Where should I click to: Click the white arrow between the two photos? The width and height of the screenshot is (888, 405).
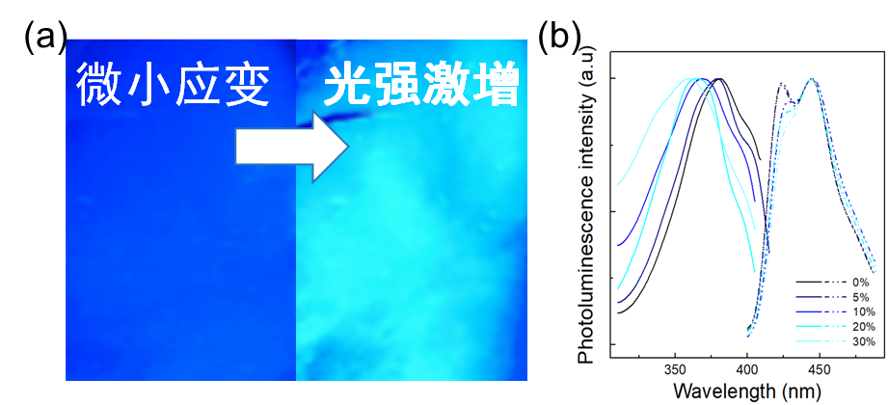(292, 147)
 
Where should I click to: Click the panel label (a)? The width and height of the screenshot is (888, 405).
(45, 38)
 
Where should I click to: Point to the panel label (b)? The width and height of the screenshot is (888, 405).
(559, 38)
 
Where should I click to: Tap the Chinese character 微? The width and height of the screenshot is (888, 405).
(100, 85)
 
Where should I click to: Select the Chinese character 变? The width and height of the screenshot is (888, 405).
(245, 85)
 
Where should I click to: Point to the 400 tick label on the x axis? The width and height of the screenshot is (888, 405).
(747, 371)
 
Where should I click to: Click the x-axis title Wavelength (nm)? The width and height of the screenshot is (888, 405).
(746, 391)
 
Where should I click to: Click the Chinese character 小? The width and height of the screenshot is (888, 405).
(148, 85)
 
